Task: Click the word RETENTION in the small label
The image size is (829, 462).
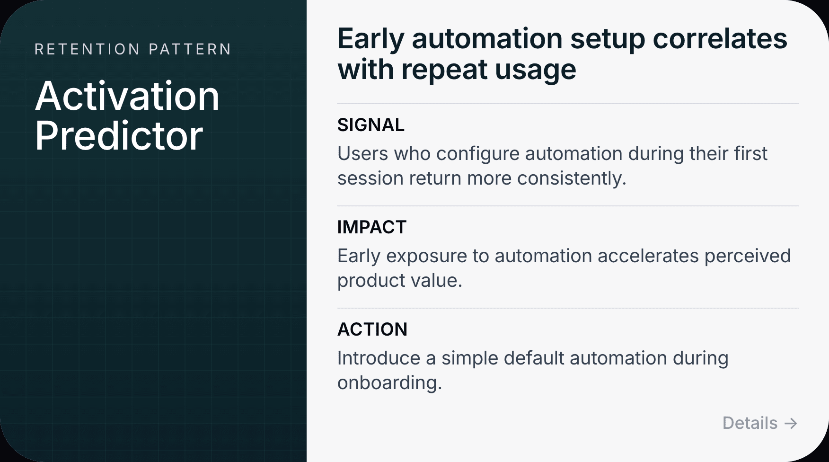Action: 88,49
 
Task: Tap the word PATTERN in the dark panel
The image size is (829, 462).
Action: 190,49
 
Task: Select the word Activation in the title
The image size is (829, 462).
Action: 127,96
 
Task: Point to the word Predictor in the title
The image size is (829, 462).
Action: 119,136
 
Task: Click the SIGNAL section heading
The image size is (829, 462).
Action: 371,125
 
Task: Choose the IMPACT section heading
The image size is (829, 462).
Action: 372,227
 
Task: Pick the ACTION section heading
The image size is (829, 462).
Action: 372,329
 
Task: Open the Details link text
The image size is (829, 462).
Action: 750,423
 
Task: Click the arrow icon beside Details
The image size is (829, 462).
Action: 791,423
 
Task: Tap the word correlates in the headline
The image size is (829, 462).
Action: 720,39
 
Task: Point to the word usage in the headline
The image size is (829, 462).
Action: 536,70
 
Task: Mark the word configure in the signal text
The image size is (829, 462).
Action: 478,154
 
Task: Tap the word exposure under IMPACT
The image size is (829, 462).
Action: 433,256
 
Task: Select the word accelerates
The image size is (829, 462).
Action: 648,256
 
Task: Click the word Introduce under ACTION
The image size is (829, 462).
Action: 379,358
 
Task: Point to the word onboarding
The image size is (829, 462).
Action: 389,383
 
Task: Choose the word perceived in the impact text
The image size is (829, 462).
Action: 748,256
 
